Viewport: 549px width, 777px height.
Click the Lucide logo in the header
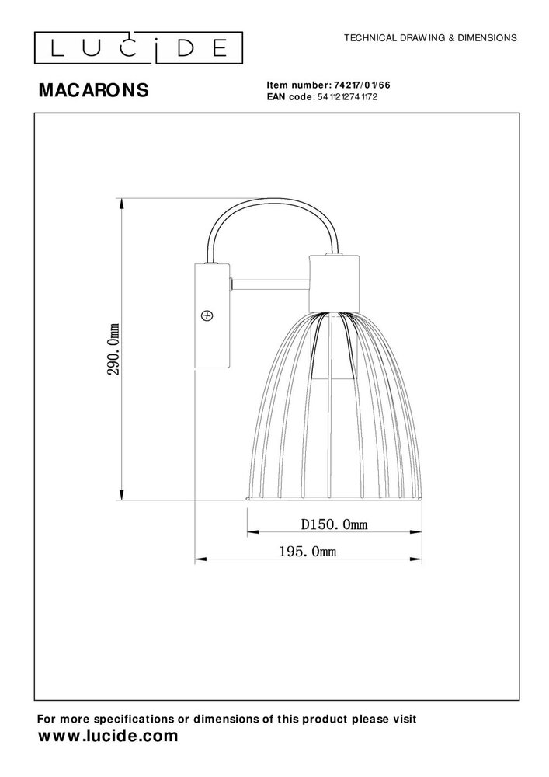coord(134,49)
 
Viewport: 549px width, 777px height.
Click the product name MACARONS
coord(93,91)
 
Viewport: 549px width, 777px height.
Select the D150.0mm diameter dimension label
coord(334,525)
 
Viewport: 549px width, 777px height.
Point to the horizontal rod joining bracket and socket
coord(269,284)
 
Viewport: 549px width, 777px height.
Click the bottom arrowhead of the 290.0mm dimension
coord(121,495)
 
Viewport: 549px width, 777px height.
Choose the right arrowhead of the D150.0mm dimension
coord(418,533)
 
